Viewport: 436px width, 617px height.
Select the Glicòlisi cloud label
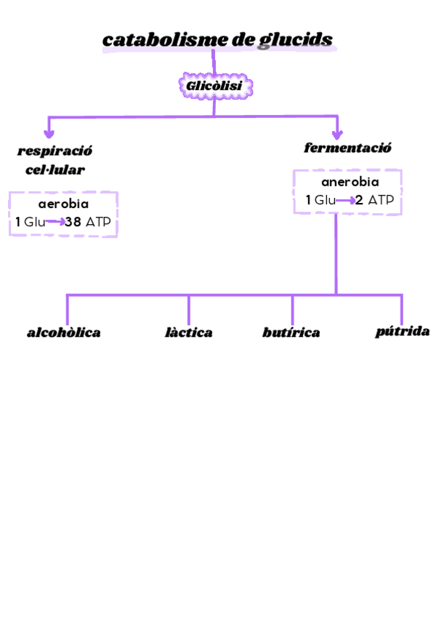(214, 87)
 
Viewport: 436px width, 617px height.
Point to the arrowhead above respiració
(49, 133)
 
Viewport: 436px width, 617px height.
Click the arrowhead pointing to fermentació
(337, 133)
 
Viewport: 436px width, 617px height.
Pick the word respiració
(54, 151)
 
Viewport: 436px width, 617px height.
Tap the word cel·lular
(50, 170)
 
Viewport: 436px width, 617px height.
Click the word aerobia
(63, 204)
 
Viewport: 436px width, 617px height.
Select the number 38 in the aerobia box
(73, 223)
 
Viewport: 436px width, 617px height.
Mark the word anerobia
(350, 182)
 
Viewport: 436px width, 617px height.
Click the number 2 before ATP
(359, 200)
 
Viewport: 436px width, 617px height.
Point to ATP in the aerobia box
(98, 223)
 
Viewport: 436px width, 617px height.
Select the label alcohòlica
(64, 333)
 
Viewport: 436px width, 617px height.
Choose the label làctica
(189, 333)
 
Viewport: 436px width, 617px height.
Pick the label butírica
(291, 333)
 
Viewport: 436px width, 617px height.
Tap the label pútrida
(402, 332)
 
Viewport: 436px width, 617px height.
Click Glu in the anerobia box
(325, 200)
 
